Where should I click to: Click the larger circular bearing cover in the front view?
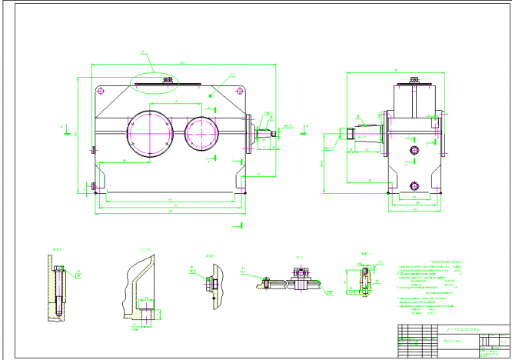point(148,133)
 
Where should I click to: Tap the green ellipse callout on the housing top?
point(160,80)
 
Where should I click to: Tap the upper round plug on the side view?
point(415,148)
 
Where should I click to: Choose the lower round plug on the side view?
point(416,185)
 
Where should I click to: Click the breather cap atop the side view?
point(414,79)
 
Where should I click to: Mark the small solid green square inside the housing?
point(210,95)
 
